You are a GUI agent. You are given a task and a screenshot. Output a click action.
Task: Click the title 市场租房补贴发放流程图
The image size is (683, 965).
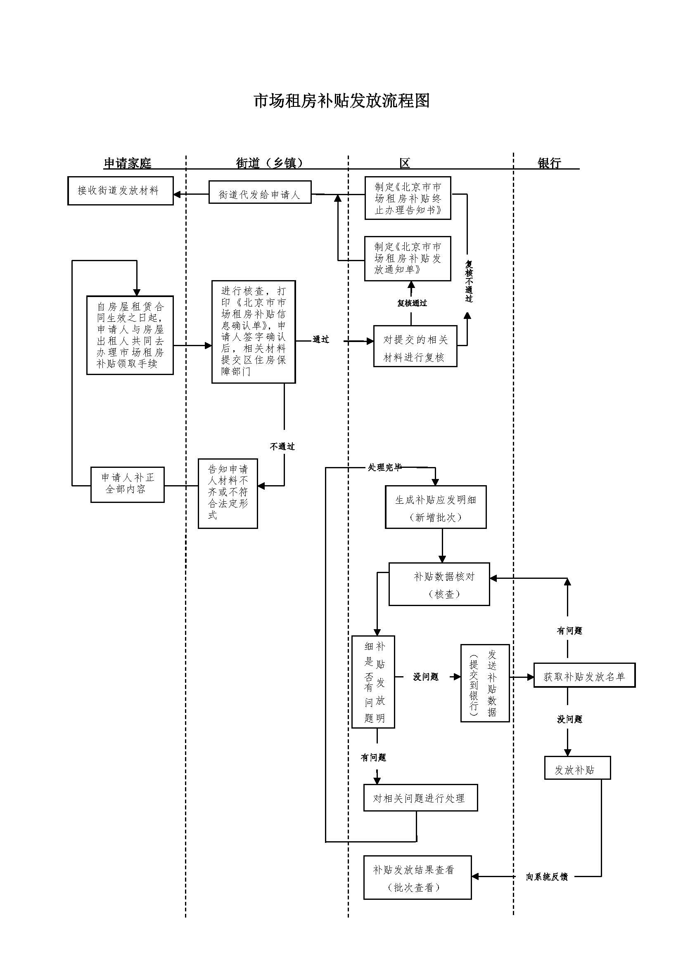point(341,101)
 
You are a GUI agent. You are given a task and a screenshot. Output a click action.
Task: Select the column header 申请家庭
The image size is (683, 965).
point(128,163)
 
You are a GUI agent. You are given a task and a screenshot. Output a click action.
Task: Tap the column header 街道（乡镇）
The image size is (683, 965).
point(270,163)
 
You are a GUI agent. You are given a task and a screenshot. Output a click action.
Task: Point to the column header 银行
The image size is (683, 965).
point(549,163)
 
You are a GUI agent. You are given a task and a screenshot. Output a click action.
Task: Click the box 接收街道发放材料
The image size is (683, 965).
point(120,191)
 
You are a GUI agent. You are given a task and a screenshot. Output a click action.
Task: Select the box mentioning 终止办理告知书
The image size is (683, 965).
point(408,198)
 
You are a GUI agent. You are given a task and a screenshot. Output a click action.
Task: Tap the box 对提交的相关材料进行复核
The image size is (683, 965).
point(415,346)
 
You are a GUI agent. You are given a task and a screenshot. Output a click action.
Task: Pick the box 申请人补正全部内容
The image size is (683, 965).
point(128,484)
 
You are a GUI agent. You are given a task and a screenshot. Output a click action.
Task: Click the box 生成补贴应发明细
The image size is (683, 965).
point(436,507)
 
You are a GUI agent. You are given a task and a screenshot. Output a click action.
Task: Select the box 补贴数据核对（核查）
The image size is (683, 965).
point(439,584)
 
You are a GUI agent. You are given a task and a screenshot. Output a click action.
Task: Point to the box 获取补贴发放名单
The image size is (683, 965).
point(584,677)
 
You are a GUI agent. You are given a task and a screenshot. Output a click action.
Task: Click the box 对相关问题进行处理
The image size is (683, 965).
point(420,798)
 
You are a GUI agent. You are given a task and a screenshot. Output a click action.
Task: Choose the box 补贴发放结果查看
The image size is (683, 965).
point(417,878)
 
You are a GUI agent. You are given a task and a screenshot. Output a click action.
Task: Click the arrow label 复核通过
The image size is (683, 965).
point(412,303)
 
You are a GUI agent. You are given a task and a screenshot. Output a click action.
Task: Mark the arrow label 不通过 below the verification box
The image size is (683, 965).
point(282,446)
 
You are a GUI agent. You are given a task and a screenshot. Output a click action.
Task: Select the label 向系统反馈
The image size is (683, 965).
point(547,877)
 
